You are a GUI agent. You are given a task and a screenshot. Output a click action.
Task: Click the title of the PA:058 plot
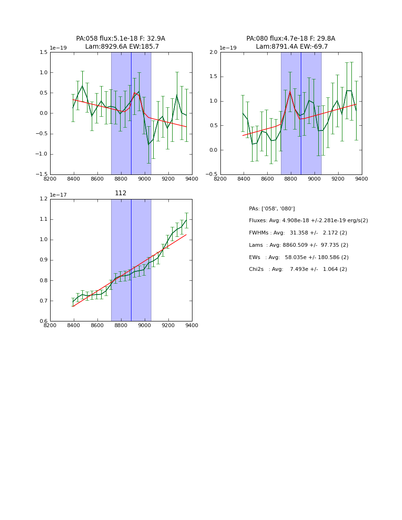121,43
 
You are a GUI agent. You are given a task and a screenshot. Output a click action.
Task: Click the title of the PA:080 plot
291,43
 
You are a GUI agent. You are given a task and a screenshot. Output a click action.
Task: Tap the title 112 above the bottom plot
121,193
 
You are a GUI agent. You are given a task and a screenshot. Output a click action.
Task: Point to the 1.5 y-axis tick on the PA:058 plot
43,52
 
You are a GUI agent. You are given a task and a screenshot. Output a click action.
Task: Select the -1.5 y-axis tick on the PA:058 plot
42,174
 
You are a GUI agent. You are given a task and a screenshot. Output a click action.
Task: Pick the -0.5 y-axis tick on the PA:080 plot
212,174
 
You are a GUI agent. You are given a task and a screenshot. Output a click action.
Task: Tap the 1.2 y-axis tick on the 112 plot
43,199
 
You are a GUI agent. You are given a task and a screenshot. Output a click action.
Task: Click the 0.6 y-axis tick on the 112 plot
43,321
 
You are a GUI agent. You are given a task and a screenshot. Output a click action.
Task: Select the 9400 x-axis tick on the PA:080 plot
362,179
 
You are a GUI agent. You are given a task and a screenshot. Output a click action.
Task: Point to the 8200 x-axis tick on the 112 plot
50,325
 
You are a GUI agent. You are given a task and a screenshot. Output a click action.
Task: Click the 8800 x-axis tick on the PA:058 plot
121,179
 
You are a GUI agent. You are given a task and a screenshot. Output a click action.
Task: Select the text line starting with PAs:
272,209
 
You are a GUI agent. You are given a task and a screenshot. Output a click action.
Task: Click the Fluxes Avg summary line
308,221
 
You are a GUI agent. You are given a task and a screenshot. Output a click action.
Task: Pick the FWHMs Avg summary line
298,233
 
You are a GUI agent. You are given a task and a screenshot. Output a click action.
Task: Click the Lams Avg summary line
298,245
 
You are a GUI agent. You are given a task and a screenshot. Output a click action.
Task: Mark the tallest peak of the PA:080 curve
290,92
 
